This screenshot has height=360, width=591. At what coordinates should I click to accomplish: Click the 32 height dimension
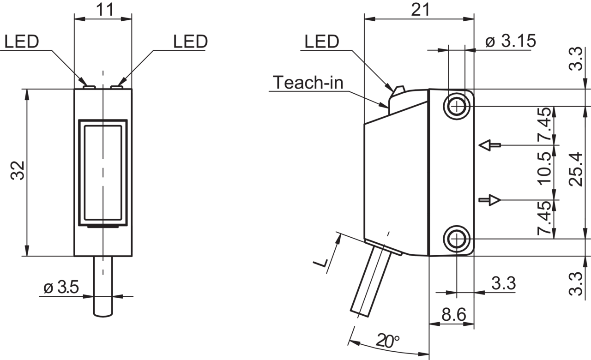pos(18,171)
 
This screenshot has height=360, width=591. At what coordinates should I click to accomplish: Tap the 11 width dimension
pos(105,10)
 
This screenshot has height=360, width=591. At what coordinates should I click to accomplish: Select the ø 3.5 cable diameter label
pos(61,287)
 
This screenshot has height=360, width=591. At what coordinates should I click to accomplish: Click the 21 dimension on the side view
pos(420,10)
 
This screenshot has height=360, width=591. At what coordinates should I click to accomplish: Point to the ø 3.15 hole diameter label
pos(511,41)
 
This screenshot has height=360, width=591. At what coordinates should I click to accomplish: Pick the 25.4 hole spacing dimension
pos(575,169)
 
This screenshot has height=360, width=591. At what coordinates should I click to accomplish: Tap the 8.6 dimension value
pos(454,314)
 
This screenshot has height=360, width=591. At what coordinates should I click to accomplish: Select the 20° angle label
pos(387,341)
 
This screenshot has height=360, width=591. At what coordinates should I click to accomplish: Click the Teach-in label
pos(308,82)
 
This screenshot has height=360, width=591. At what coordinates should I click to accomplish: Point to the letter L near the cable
pos(321,263)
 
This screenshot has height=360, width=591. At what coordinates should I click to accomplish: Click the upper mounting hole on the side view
pos(457,106)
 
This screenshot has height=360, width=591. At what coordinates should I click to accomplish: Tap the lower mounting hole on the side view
pos(457,239)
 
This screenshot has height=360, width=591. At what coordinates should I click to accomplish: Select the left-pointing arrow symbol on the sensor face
pos(490,145)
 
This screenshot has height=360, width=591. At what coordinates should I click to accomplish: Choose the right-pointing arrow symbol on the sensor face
pos(490,200)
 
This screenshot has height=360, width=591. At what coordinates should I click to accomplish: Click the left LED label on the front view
pos(22,42)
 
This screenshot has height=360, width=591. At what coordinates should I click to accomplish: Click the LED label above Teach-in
pos(322,42)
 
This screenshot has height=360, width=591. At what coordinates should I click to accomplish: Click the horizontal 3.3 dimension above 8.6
pos(503,283)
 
